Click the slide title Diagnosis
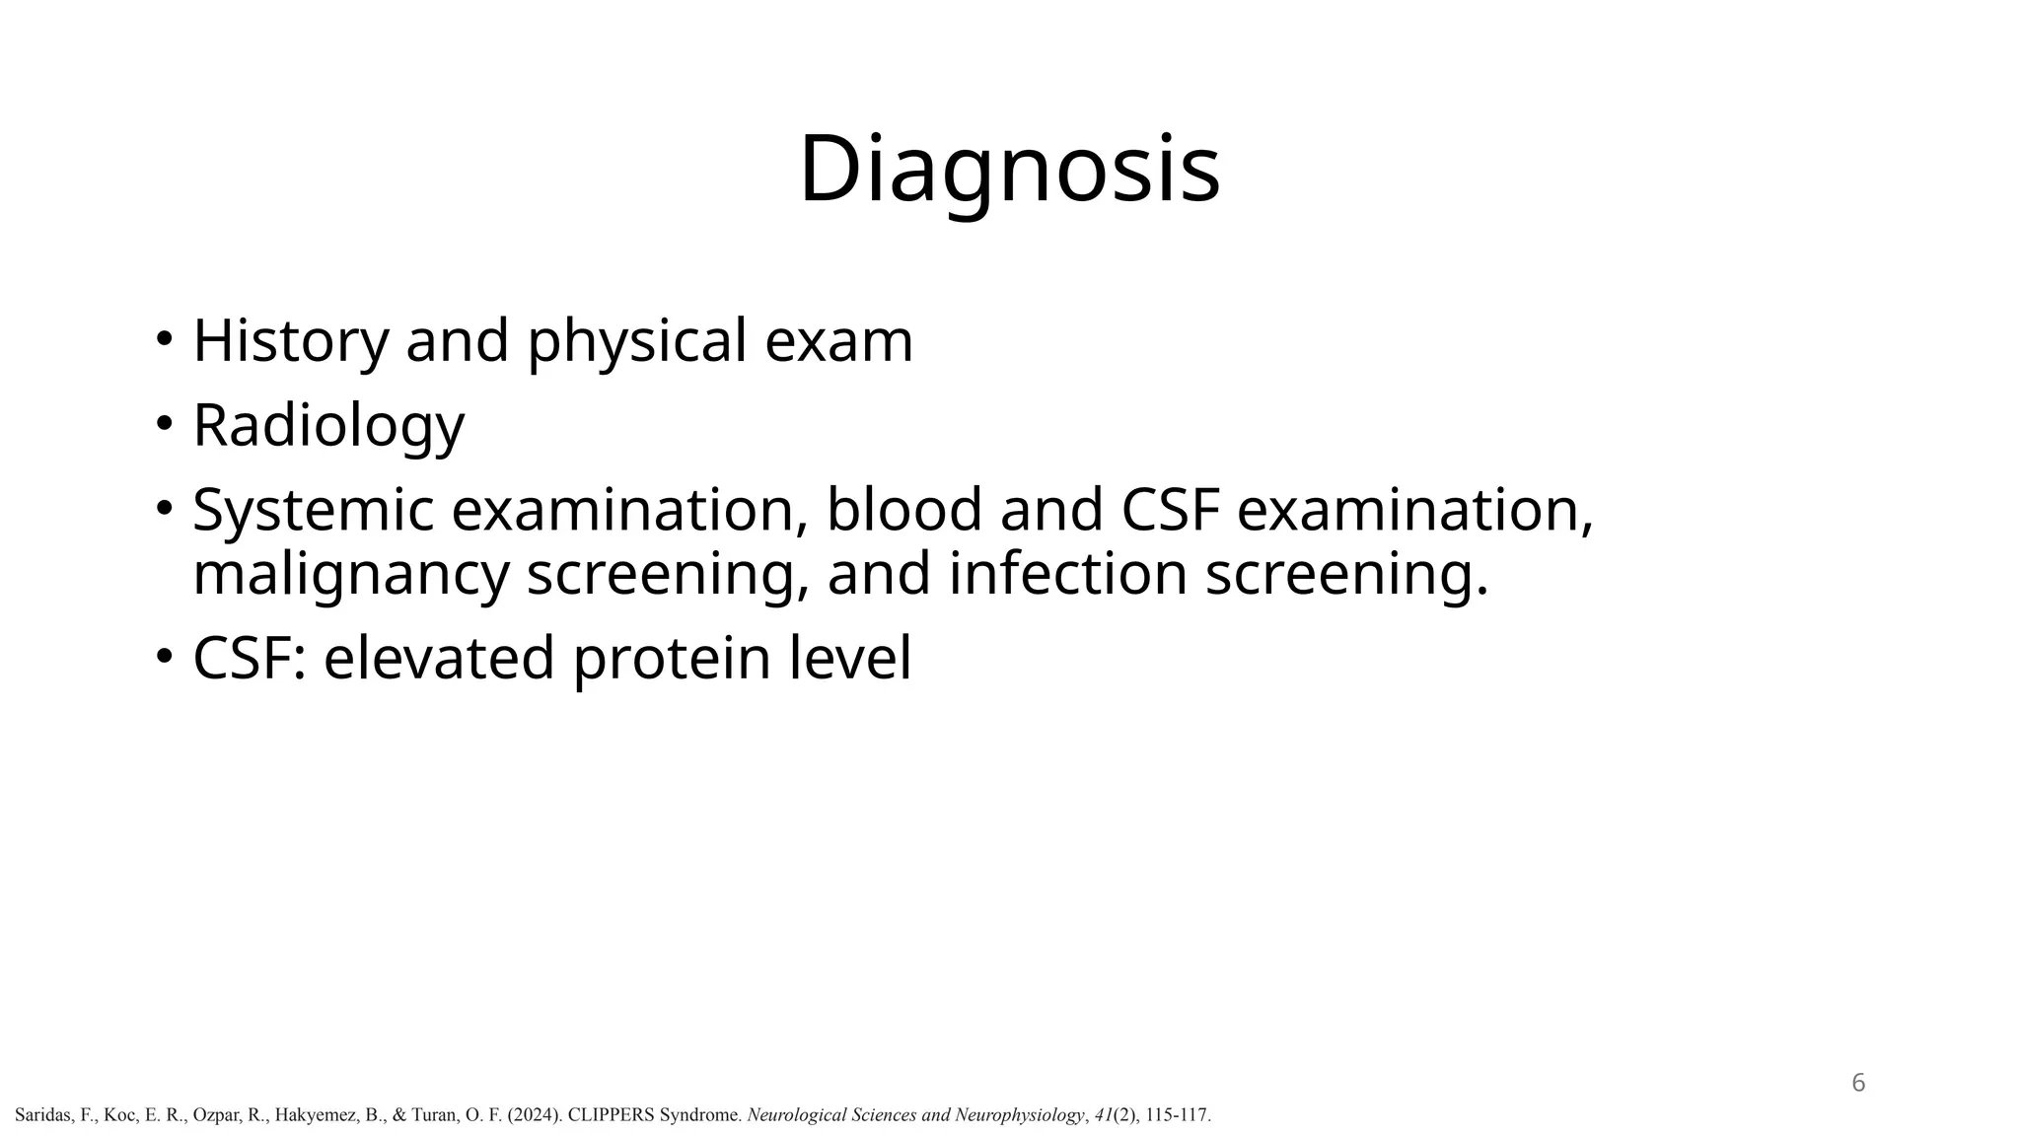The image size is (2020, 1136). tap(1009, 170)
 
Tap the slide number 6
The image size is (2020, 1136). tap(1858, 1083)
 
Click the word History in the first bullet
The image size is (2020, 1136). tap(291, 341)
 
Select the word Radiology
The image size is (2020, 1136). tap(327, 426)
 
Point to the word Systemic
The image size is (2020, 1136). tap(313, 511)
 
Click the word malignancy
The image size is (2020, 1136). tap(350, 574)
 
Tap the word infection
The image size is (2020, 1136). tap(1067, 574)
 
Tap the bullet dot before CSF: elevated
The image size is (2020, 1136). tap(164, 656)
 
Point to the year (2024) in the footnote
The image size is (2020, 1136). tap(536, 1115)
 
